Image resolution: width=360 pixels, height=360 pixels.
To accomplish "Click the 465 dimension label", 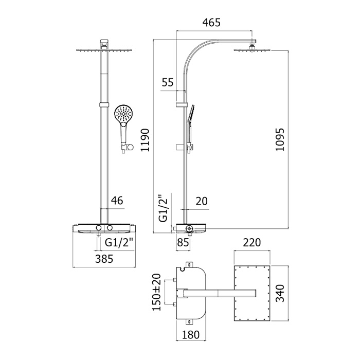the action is (211, 23).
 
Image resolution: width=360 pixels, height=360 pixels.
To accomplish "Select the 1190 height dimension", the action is (145, 140).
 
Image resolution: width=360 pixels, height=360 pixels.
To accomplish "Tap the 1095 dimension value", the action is (280, 139).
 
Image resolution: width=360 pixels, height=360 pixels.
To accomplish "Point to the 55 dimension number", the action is (168, 82).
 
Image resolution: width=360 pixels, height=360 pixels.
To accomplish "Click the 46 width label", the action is (117, 201).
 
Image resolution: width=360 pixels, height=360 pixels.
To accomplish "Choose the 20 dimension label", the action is (202, 201).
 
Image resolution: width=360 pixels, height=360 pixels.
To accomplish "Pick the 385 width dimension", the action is (104, 259).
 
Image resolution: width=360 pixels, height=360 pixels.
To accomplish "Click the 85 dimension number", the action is (183, 242).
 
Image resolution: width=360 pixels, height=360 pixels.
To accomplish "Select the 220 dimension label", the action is (252, 242).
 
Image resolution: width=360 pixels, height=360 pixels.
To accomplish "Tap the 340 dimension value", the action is (280, 293).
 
